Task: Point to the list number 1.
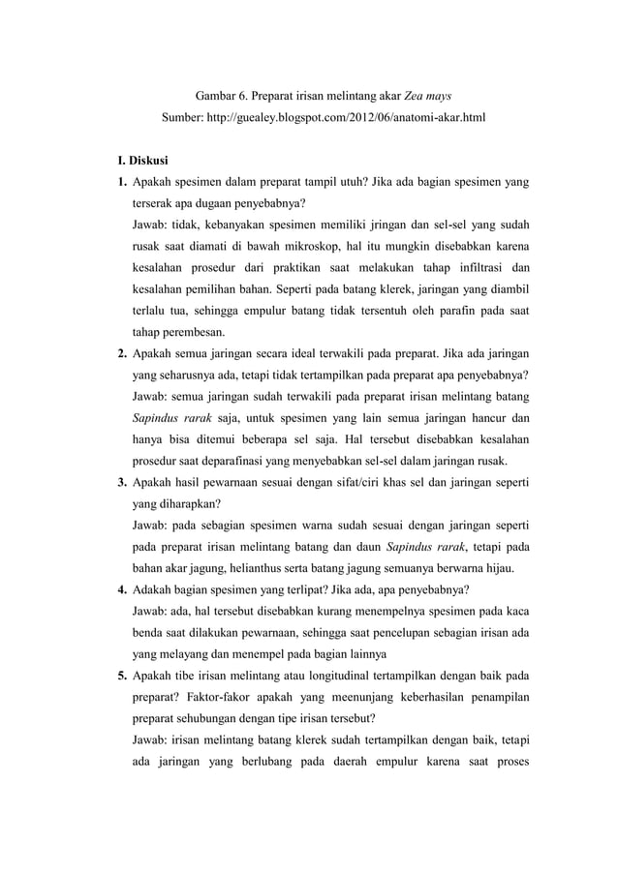tap(120, 182)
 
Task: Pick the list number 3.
tap(120, 480)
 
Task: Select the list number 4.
tap(120, 587)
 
